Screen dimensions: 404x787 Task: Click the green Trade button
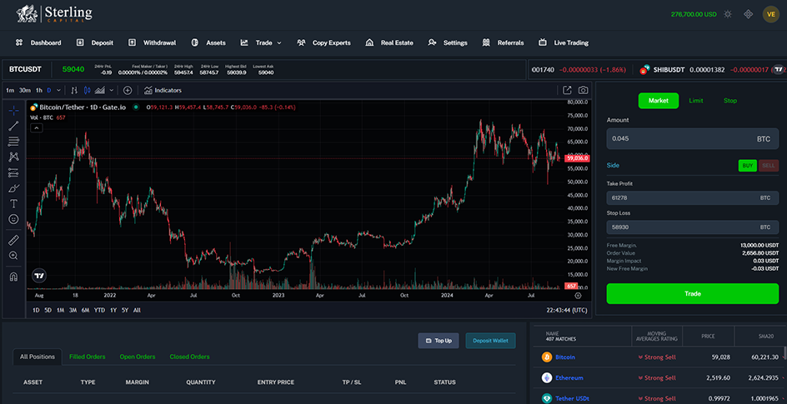pos(692,294)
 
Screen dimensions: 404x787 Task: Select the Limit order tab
pos(695,101)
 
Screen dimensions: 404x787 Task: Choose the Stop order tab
pos(729,101)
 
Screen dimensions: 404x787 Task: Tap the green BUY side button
pos(748,166)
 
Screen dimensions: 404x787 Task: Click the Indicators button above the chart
pos(163,90)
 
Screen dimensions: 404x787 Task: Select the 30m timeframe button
pos(25,90)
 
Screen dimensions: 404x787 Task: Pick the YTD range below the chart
pos(99,310)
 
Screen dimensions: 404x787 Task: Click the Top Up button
pos(438,341)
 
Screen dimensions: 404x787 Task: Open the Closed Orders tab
pos(189,357)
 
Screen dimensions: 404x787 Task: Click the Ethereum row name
pos(569,377)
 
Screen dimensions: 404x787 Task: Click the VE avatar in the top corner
pos(770,14)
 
